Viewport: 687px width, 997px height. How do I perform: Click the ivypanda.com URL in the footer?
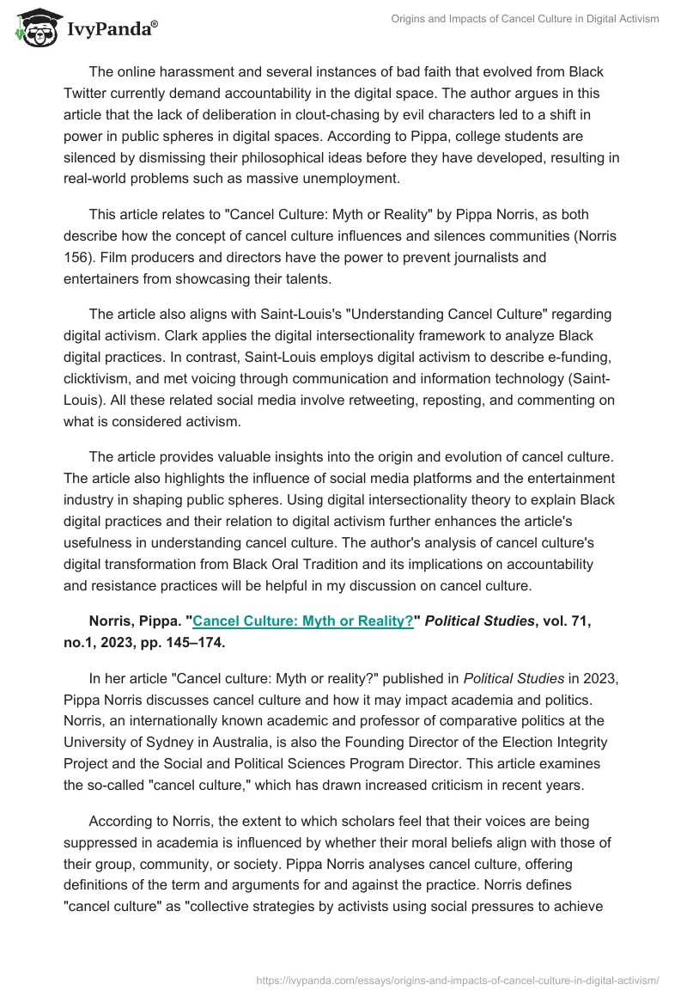(458, 980)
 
